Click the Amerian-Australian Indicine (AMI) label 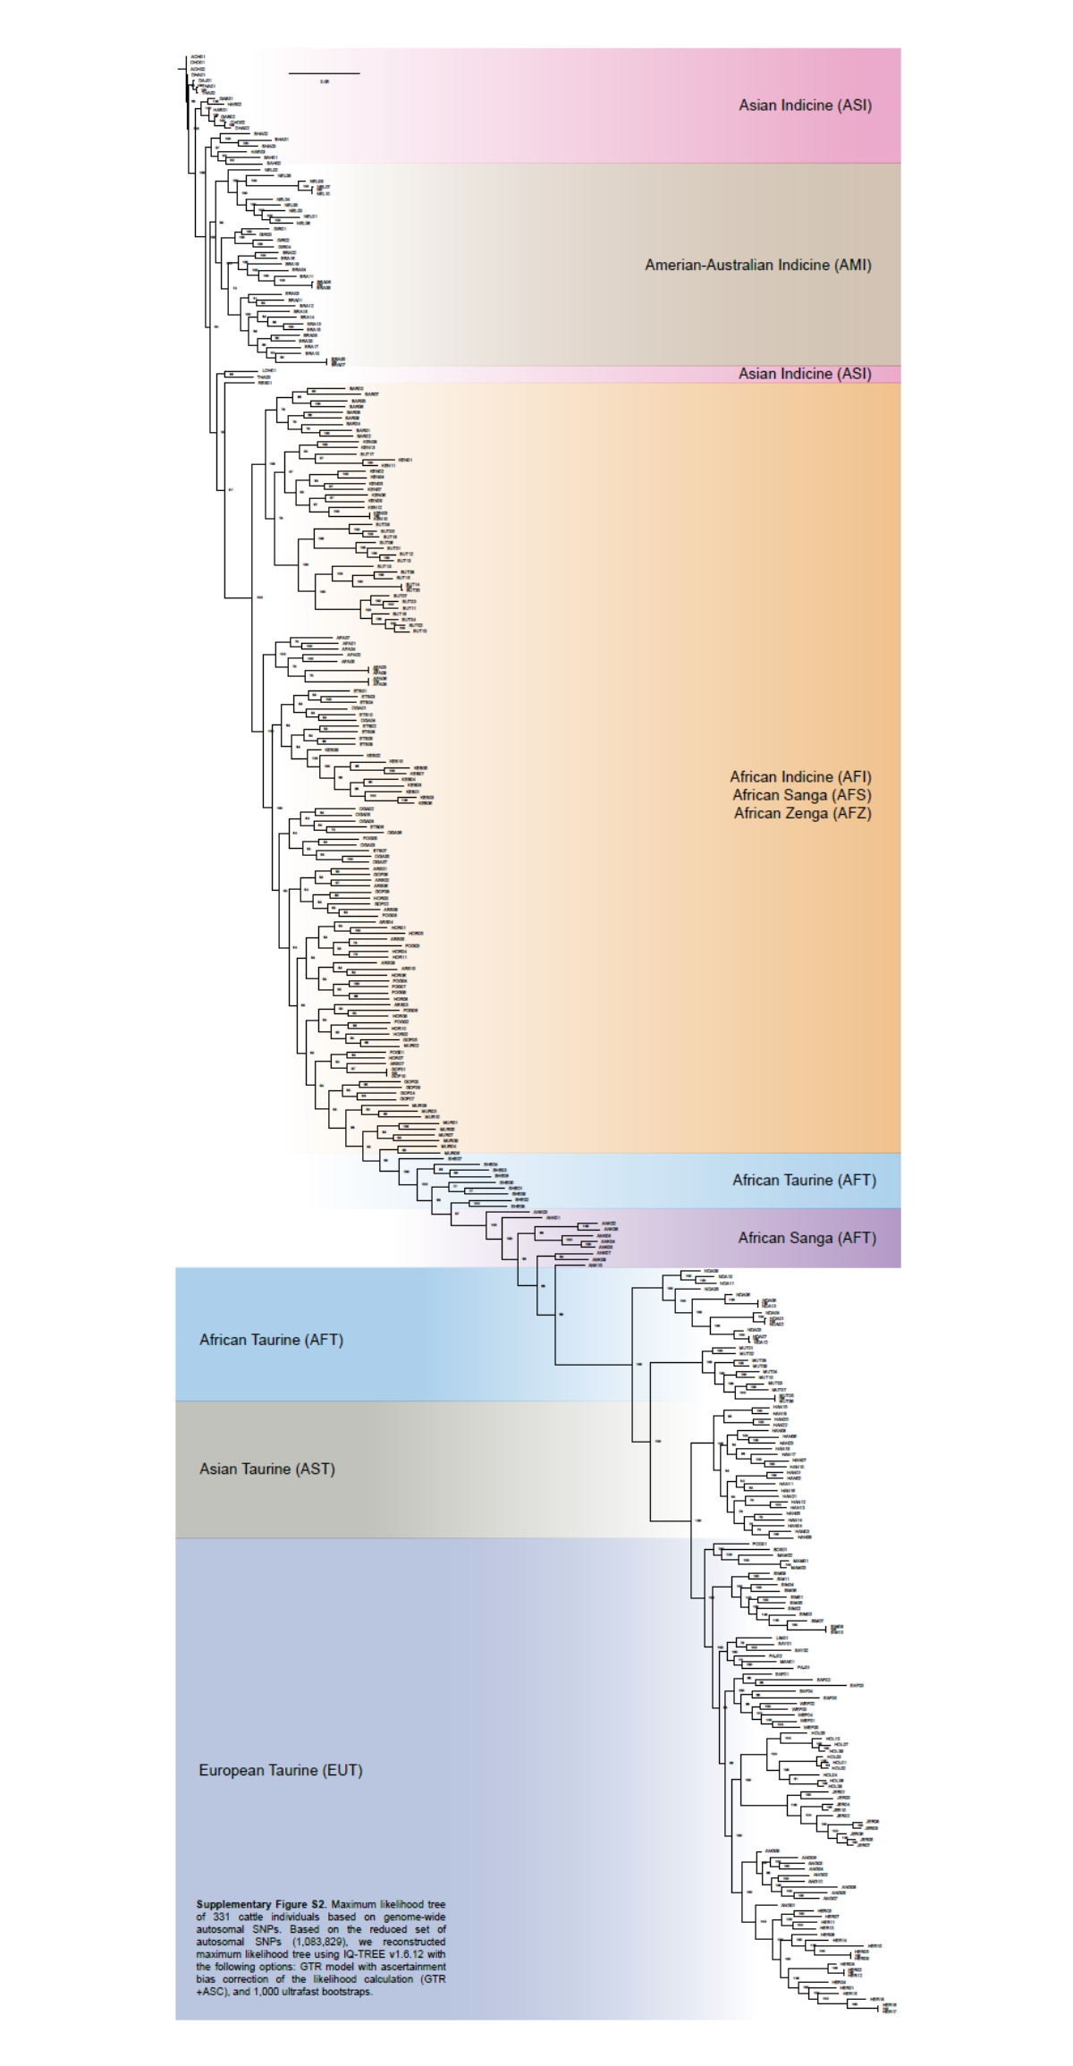[x=757, y=266]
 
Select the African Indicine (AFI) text [x=800, y=777]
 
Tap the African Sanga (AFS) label [x=801, y=795]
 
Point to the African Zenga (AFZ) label [x=802, y=813]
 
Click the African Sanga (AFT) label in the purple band [x=807, y=1238]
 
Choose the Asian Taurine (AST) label [x=266, y=1469]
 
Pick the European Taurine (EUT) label [x=280, y=1770]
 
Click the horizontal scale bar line [x=324, y=72]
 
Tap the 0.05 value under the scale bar [x=324, y=81]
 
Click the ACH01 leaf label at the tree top [x=198, y=57]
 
